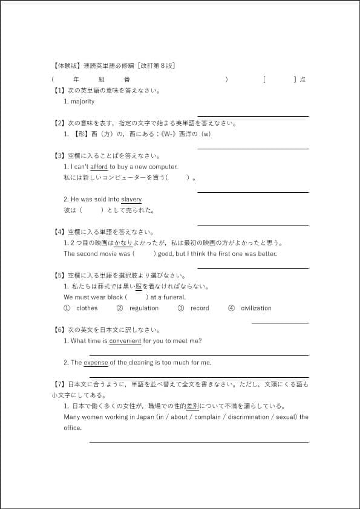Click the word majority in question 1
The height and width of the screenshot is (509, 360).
tap(82, 102)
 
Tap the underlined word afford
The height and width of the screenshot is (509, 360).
tap(99, 167)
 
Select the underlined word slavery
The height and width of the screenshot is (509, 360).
tap(131, 199)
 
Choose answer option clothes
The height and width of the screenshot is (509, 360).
tap(87, 308)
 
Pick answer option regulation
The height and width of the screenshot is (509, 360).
tap(144, 308)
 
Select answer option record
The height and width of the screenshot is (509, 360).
tap(200, 308)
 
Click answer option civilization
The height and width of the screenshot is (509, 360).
tap(256, 308)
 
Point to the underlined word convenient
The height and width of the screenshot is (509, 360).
tap(125, 341)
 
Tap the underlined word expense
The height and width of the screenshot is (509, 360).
tap(96, 363)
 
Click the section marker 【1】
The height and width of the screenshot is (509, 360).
tap(59, 91)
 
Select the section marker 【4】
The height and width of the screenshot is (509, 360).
tap(59, 232)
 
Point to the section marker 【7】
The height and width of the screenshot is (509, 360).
tap(59, 384)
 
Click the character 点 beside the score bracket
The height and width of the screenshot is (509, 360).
tap(303, 79)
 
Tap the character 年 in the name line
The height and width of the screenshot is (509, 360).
tap(76, 79)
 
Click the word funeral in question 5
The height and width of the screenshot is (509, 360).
tap(174, 297)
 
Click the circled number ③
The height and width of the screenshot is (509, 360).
tap(180, 308)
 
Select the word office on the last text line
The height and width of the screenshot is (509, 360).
tap(72, 428)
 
